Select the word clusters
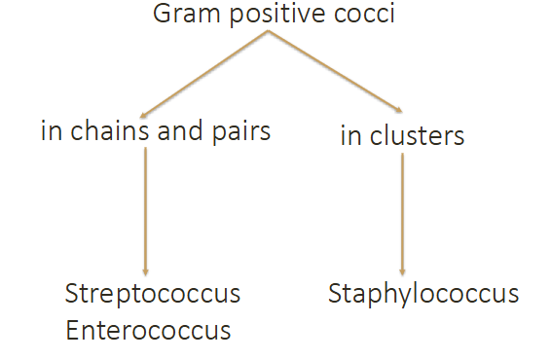point(416,135)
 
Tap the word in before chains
point(50,130)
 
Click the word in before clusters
point(350,135)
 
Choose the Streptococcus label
point(152,294)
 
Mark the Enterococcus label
point(148,330)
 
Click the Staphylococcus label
point(423,293)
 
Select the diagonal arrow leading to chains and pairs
point(205,73)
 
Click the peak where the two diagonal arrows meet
point(268,32)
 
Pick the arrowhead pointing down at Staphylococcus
point(402,272)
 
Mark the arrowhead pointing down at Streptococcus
point(145,272)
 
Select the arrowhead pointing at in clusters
point(397,109)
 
